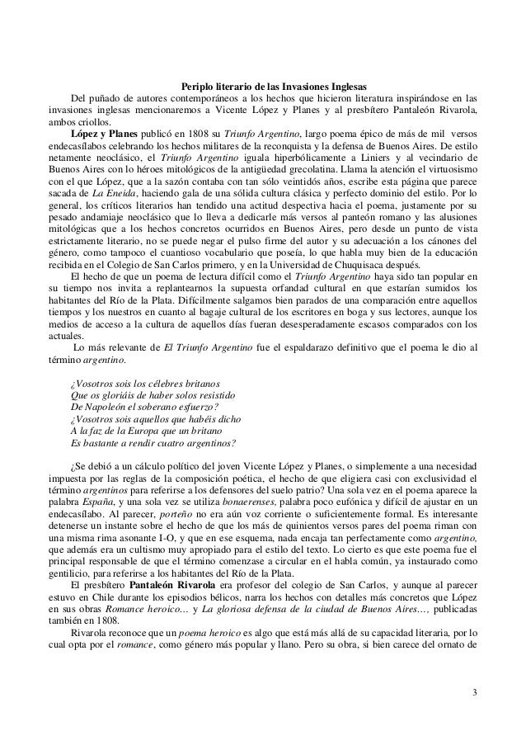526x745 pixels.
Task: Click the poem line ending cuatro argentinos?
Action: (x=153, y=440)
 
